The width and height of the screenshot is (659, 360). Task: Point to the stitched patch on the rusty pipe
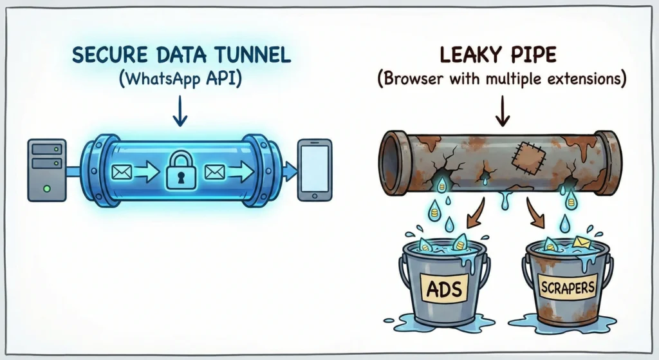pyautogui.click(x=526, y=155)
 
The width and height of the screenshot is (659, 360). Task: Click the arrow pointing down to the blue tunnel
pyautogui.click(x=180, y=115)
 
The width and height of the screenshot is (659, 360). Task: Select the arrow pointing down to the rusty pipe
pyautogui.click(x=502, y=115)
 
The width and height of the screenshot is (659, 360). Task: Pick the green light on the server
pyautogui.click(x=46, y=189)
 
